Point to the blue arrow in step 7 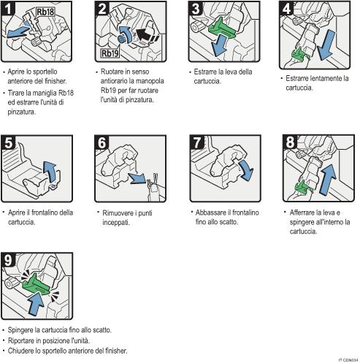pyautogui.click(x=245, y=172)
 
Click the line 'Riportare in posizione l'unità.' pyautogui.click(x=47, y=340)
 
